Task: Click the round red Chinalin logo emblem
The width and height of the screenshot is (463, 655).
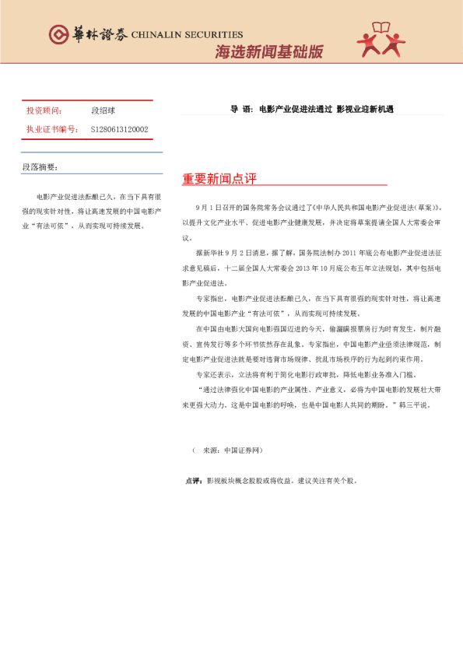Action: click(58, 34)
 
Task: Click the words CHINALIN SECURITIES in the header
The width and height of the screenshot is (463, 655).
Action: click(187, 35)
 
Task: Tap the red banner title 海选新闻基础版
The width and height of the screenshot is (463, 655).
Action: click(268, 52)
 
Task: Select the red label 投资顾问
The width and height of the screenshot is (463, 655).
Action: click(44, 111)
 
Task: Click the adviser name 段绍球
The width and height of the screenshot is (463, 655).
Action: click(103, 111)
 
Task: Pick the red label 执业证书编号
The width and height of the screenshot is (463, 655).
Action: click(52, 129)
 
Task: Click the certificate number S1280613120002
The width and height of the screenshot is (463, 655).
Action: click(119, 129)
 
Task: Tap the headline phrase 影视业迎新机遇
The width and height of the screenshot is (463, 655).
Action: click(365, 110)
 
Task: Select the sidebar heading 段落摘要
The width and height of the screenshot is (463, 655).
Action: click(40, 166)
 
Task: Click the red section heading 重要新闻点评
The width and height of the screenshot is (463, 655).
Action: click(219, 179)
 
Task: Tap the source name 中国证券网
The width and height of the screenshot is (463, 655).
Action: click(242, 450)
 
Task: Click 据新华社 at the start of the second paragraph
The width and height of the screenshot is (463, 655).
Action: click(210, 253)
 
